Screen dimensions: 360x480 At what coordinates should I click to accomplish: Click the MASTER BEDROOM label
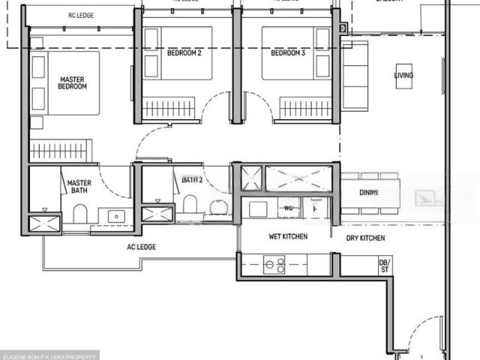[x=72, y=82]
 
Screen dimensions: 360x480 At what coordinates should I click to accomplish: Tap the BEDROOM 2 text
[x=184, y=53]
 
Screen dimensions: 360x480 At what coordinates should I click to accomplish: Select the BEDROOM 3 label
[x=288, y=53]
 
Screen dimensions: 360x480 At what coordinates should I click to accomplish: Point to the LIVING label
[x=403, y=76]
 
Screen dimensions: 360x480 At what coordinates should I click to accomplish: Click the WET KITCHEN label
[x=288, y=237]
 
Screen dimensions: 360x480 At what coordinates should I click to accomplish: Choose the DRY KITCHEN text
[x=366, y=238]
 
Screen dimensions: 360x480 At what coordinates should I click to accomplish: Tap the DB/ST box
[x=385, y=266]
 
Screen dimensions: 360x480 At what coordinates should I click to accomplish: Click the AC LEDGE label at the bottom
[x=141, y=247]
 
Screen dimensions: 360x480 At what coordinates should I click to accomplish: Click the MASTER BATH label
[x=79, y=187]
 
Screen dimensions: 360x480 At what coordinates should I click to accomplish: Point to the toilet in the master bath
[x=80, y=214]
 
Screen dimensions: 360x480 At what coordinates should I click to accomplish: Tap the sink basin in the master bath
[x=116, y=216]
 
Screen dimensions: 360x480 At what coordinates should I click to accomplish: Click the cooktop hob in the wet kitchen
[x=274, y=265]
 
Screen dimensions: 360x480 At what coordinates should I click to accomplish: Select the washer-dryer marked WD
[x=289, y=208]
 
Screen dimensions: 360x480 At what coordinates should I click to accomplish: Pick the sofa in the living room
[x=355, y=65]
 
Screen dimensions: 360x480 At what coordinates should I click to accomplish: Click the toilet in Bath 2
[x=190, y=204]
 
